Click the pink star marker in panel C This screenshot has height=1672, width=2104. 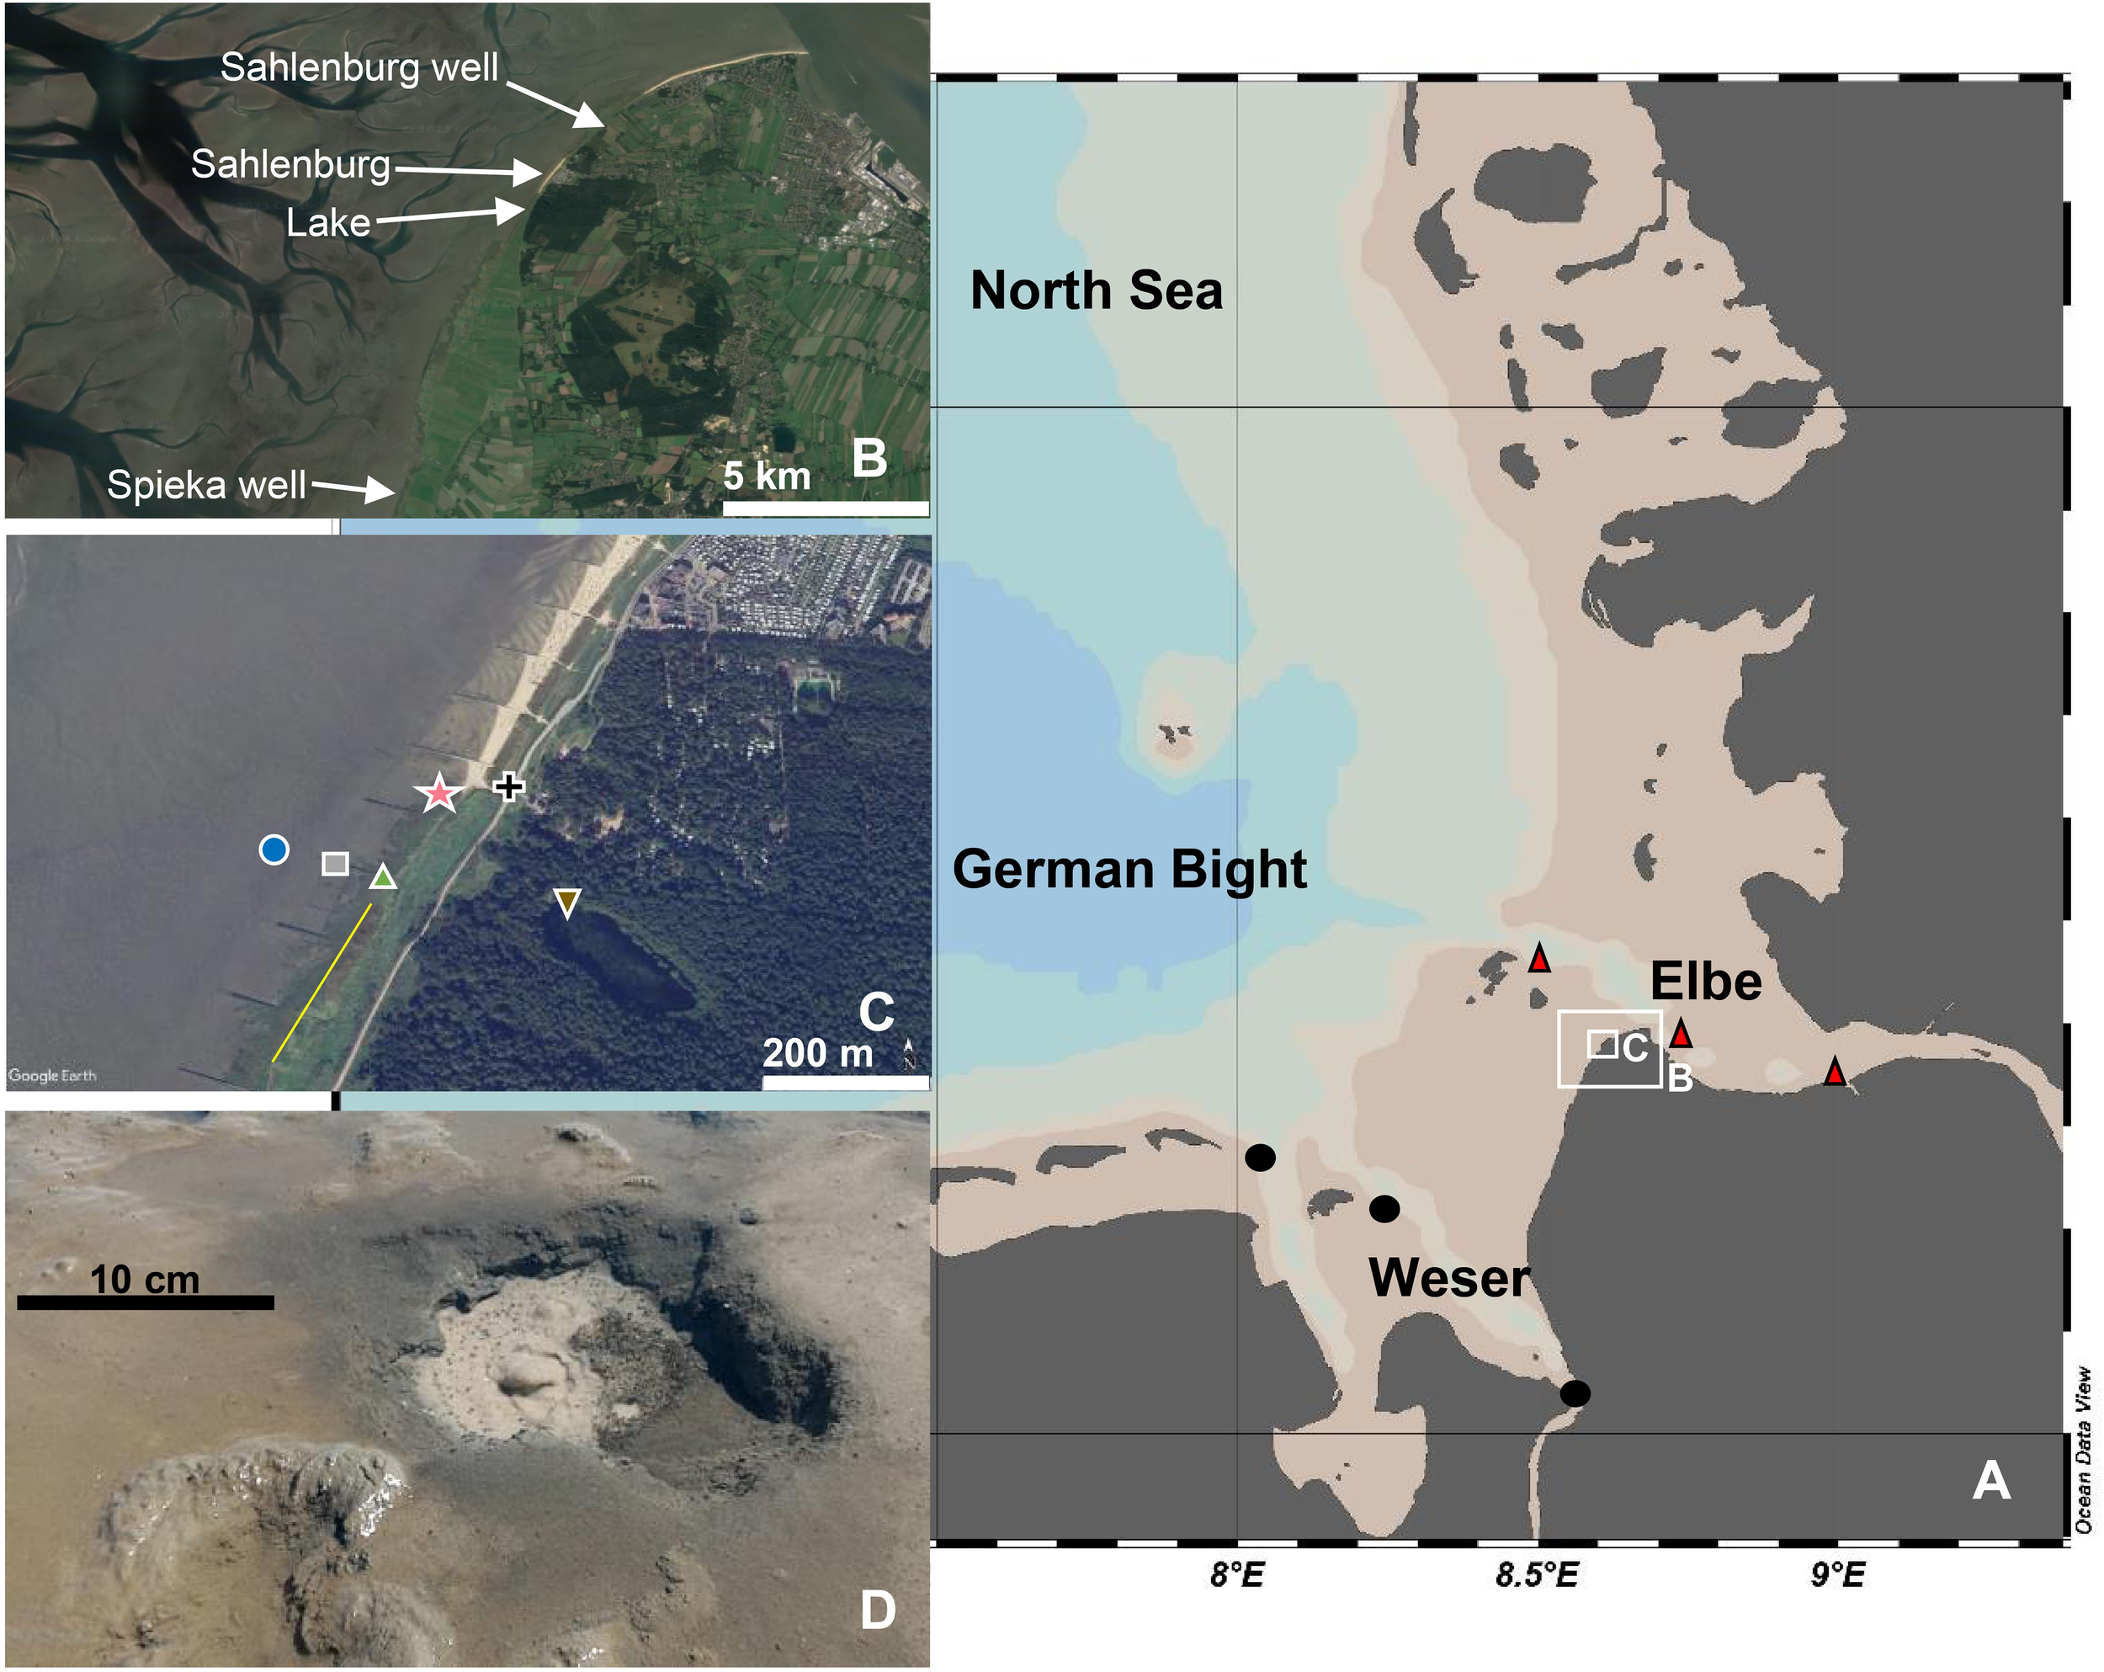tap(439, 794)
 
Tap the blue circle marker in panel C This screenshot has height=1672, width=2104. tap(274, 849)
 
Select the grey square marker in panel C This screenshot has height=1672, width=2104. tap(336, 864)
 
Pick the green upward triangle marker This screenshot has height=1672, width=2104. tap(384, 877)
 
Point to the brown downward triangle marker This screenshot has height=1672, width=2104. tap(567, 902)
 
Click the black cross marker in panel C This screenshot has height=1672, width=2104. tap(507, 786)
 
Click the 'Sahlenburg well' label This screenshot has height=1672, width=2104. tap(359, 67)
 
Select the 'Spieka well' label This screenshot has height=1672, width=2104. tap(206, 485)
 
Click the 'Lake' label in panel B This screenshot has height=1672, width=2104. tap(328, 223)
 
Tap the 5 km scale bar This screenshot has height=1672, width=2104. tap(826, 508)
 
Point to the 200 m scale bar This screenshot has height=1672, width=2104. tap(845, 1082)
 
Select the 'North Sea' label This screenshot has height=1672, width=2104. tap(1096, 290)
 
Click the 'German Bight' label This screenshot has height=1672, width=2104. tap(1129, 869)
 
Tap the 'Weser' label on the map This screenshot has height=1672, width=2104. tap(1449, 1278)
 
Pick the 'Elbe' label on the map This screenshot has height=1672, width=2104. tap(1706, 980)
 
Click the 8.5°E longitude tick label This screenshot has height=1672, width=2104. tap(1537, 1574)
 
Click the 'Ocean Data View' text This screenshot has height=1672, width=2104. tap(2082, 1450)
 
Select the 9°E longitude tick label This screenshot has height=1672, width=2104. tap(1837, 1574)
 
